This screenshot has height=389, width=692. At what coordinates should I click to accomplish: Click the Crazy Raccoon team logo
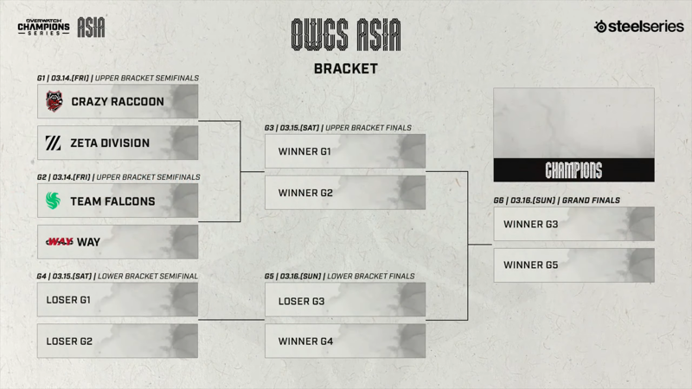click(54, 101)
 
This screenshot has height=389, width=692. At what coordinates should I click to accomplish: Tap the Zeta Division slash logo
click(54, 143)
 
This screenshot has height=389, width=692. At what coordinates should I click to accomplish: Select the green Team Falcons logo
click(53, 201)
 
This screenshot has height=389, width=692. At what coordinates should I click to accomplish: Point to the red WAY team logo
click(60, 242)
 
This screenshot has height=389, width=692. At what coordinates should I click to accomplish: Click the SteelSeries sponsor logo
click(638, 27)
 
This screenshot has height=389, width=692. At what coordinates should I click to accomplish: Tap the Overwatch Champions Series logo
click(44, 27)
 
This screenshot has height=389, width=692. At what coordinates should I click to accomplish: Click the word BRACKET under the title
click(345, 69)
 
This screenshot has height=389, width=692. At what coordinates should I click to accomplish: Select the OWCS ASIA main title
click(345, 35)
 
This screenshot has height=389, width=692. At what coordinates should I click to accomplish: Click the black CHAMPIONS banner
click(573, 169)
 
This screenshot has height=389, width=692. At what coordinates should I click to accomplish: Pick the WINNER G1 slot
click(345, 150)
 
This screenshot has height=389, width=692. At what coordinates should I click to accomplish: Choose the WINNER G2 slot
click(345, 192)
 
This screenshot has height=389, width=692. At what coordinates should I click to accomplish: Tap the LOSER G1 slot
click(118, 299)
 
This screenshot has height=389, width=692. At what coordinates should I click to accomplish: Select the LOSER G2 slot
click(118, 341)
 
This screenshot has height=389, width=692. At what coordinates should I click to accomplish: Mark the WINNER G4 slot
click(345, 341)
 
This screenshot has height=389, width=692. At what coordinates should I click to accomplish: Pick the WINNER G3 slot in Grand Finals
click(573, 224)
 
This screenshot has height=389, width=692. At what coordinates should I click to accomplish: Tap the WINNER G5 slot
click(573, 265)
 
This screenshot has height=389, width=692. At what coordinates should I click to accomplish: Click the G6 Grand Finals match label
click(556, 201)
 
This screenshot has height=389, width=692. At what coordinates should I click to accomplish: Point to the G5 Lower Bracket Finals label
click(339, 276)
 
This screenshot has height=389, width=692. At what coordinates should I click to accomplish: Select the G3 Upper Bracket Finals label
click(337, 127)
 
